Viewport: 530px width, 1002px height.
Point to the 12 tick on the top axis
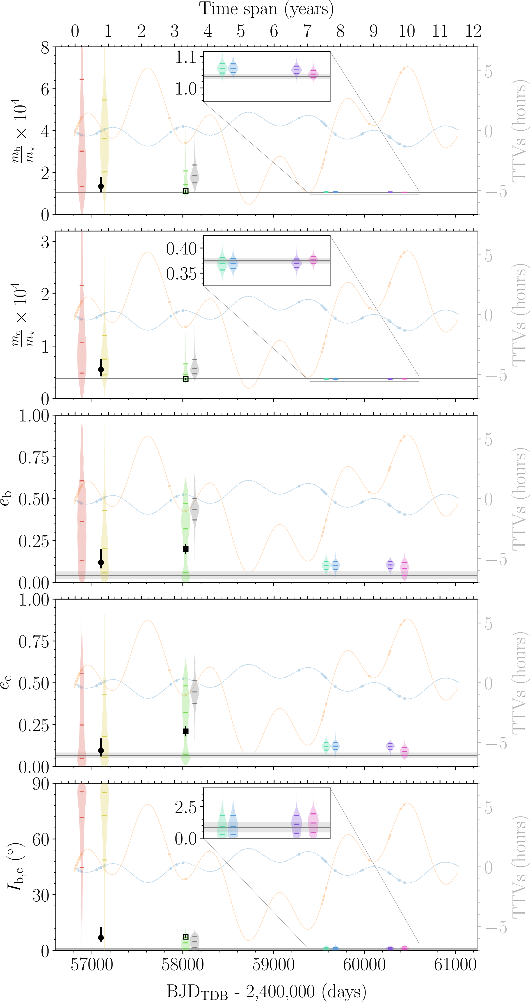point(473,31)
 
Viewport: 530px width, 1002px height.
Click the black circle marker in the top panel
point(101,186)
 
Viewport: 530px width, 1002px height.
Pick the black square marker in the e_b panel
point(186,549)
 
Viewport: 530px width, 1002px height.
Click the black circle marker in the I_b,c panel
point(101,938)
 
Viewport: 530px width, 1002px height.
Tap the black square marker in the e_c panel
point(186,731)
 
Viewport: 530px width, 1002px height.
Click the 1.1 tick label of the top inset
point(186,58)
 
